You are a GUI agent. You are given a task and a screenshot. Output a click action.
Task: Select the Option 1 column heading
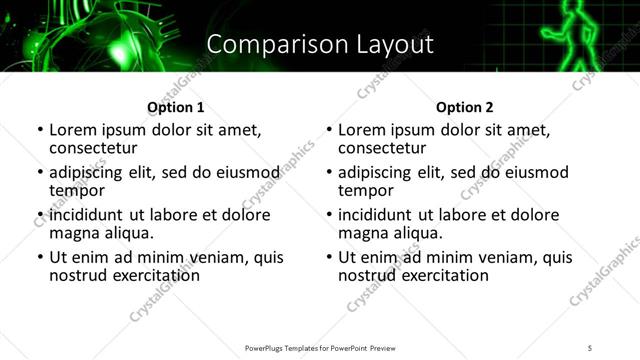[x=175, y=107]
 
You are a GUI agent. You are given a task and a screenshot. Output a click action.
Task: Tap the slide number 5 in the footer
[x=590, y=347]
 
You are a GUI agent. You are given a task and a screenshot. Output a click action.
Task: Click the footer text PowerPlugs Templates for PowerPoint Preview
[x=319, y=347]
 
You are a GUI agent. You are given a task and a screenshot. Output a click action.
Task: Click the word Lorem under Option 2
[x=363, y=130]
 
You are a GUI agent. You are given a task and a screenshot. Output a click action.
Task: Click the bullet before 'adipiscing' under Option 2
[x=329, y=173]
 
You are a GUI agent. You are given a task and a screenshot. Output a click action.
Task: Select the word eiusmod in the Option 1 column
[x=247, y=172]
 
